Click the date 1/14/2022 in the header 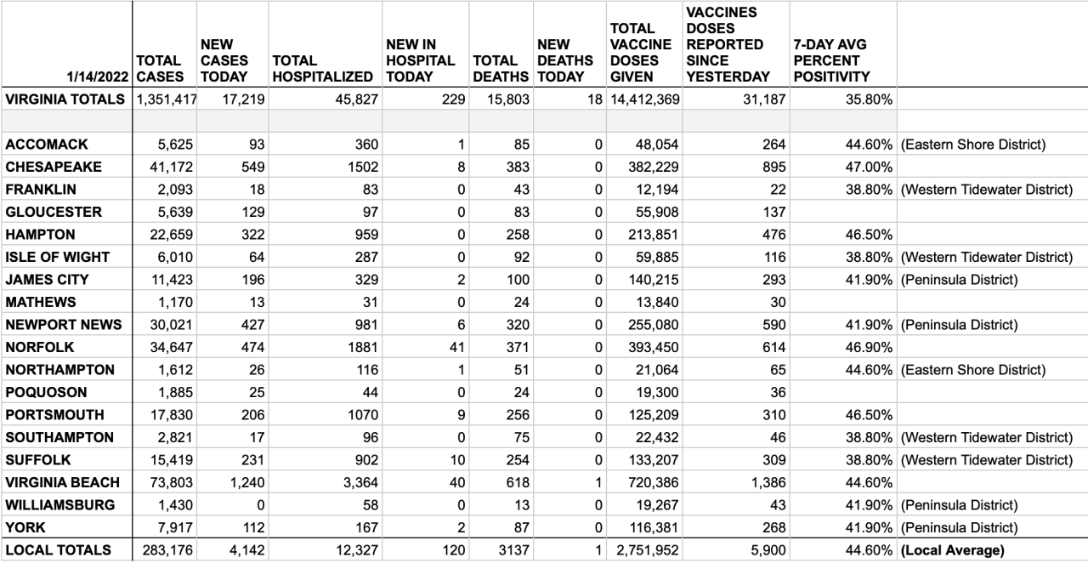(x=99, y=77)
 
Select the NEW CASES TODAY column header (x=224, y=60)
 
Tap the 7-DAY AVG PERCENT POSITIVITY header (x=832, y=60)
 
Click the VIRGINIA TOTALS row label (x=65, y=100)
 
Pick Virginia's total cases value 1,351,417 (x=167, y=100)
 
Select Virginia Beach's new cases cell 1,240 (x=242, y=482)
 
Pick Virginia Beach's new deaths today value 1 (x=598, y=482)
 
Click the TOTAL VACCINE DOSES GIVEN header (x=641, y=53)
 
